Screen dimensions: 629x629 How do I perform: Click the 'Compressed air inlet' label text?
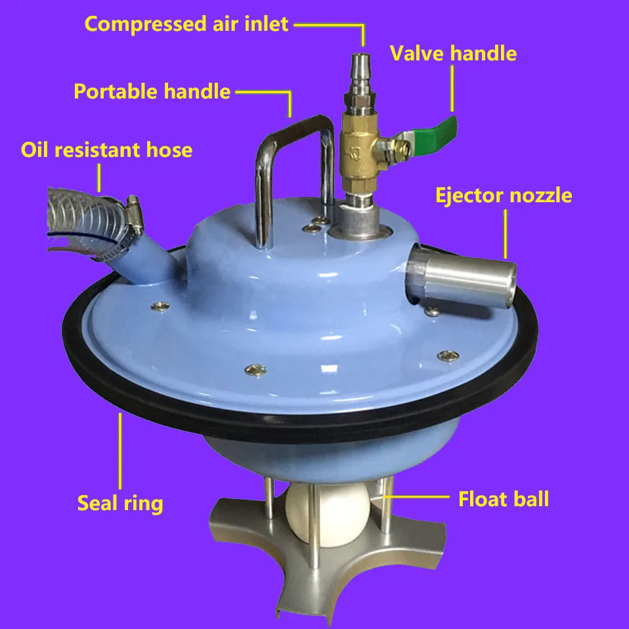(x=186, y=24)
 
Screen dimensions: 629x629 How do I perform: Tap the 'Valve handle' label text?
(x=453, y=53)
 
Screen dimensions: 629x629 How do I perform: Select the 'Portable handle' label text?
(x=152, y=91)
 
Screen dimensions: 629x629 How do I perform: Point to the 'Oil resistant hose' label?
(x=106, y=150)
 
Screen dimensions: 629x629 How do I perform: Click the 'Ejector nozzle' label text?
(x=504, y=196)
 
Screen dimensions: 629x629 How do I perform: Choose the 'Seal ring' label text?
(x=120, y=503)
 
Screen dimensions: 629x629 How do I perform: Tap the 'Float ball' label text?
(x=504, y=500)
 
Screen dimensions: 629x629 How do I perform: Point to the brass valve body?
(x=358, y=150)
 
